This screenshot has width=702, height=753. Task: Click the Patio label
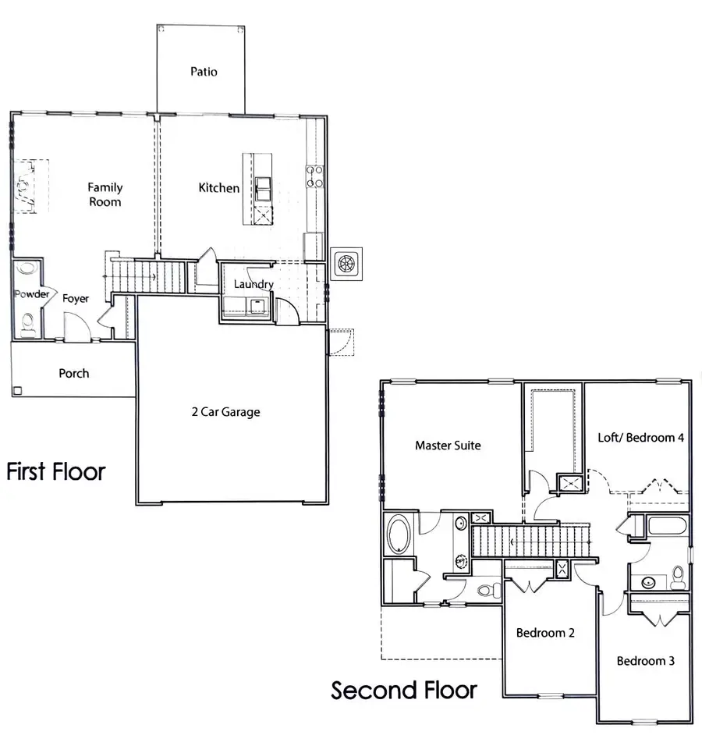tap(204, 72)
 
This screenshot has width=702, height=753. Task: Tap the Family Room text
tap(105, 194)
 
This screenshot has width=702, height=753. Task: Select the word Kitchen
tap(218, 188)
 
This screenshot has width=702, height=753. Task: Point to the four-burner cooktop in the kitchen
tap(314, 177)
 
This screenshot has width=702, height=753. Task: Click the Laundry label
tap(253, 284)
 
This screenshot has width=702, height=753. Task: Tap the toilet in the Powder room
tap(28, 322)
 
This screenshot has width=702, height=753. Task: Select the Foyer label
tap(76, 298)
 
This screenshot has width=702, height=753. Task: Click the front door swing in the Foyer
tap(74, 326)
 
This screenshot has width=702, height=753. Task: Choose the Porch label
tap(74, 373)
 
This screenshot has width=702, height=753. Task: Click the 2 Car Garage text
tap(225, 412)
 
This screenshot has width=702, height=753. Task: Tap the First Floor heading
tap(55, 471)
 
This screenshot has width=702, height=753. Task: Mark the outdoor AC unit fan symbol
tap(346, 263)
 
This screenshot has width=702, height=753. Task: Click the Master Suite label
tap(448, 446)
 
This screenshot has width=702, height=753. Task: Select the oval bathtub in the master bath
tap(400, 536)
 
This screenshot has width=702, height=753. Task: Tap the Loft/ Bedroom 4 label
tap(640, 438)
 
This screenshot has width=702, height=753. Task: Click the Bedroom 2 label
tap(545, 633)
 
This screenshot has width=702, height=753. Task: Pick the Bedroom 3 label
tap(646, 661)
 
